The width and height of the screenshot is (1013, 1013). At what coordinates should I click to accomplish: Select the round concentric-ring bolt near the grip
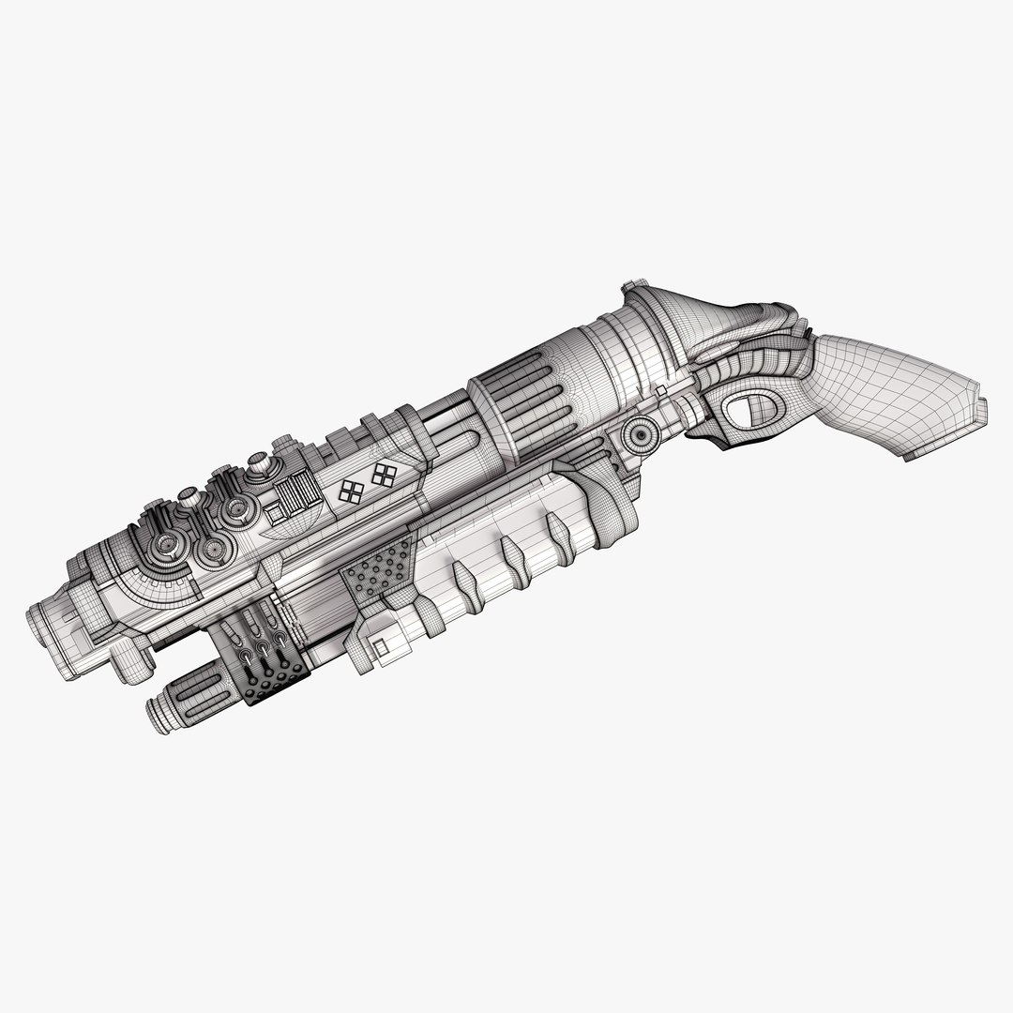(641, 433)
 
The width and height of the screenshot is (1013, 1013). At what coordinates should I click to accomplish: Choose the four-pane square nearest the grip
(384, 474)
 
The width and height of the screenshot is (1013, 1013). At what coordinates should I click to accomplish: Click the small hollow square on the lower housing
(381, 646)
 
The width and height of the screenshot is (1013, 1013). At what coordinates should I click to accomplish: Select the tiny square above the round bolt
(661, 388)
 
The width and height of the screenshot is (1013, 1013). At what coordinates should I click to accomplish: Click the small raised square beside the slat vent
(276, 512)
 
